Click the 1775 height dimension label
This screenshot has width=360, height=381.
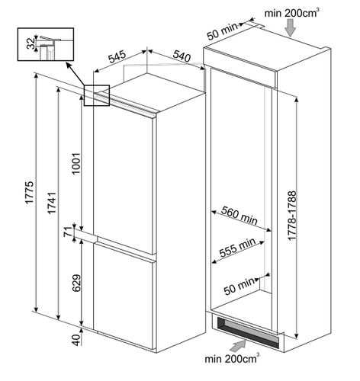(30, 192)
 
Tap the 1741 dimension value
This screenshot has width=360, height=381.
(52, 203)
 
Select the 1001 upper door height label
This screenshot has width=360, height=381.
(76, 163)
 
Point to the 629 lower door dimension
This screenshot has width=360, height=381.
(76, 283)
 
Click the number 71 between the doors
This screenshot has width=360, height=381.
(68, 232)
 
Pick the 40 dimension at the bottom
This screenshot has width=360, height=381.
(76, 340)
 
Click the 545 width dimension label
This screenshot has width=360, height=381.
(117, 57)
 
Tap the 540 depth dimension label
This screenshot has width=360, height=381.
(182, 56)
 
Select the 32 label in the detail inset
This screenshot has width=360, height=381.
(31, 43)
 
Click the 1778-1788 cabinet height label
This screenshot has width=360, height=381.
(292, 216)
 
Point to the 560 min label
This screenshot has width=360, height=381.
(239, 216)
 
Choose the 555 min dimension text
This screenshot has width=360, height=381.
(237, 247)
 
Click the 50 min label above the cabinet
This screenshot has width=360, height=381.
(222, 31)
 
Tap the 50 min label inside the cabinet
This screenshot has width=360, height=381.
(239, 287)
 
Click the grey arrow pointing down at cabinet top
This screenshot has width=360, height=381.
(290, 28)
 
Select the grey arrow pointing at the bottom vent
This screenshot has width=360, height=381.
(239, 345)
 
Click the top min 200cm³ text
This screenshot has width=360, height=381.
(291, 13)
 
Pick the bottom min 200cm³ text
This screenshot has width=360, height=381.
(232, 358)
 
